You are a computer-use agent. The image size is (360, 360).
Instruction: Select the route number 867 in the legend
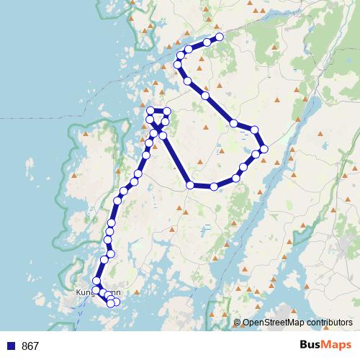click(30, 346)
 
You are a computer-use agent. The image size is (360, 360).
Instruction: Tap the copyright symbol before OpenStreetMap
click(237, 323)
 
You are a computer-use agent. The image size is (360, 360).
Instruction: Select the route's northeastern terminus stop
click(220, 37)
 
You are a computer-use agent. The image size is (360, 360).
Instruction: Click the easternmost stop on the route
click(264, 148)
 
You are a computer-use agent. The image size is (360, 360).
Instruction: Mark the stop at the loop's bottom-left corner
click(190, 185)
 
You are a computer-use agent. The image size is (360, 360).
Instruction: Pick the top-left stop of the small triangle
click(150, 111)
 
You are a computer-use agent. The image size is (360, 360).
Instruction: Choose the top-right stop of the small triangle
click(167, 111)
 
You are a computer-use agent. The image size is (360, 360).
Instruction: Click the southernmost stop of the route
click(111, 304)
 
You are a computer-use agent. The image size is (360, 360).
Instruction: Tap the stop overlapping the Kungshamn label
click(96, 289)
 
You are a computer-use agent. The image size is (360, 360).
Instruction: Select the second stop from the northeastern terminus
click(207, 42)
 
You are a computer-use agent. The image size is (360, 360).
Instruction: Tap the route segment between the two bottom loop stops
click(202, 186)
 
